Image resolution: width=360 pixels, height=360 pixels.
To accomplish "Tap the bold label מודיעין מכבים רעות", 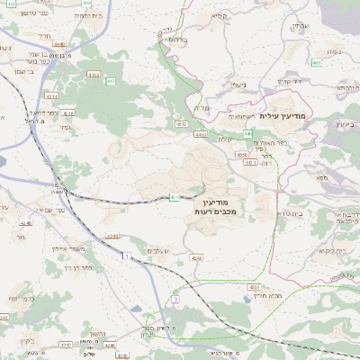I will pos(212,204).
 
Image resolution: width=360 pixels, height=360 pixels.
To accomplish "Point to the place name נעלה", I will pos(330,51).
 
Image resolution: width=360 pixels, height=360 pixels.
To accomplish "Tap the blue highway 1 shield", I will pos(125,257).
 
